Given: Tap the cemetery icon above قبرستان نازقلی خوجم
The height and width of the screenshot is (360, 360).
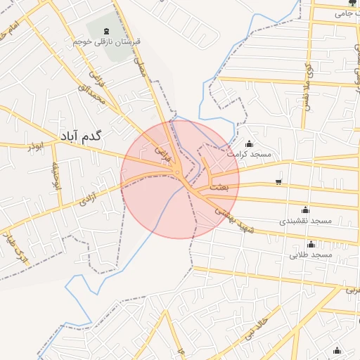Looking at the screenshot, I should [106, 30].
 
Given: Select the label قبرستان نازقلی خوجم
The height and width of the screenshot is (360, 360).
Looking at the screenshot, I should [106, 41].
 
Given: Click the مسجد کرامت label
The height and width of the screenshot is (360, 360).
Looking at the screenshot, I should [249, 153].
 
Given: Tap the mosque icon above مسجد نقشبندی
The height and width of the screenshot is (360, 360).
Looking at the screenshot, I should [305, 210].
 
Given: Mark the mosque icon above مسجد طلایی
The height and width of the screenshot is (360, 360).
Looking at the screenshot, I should [310, 243].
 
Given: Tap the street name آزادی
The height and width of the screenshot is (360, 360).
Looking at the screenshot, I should [87, 197].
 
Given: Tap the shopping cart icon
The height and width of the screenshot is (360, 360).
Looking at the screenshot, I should [278, 183].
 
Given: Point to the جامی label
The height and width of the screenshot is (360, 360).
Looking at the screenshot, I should [342, 13].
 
